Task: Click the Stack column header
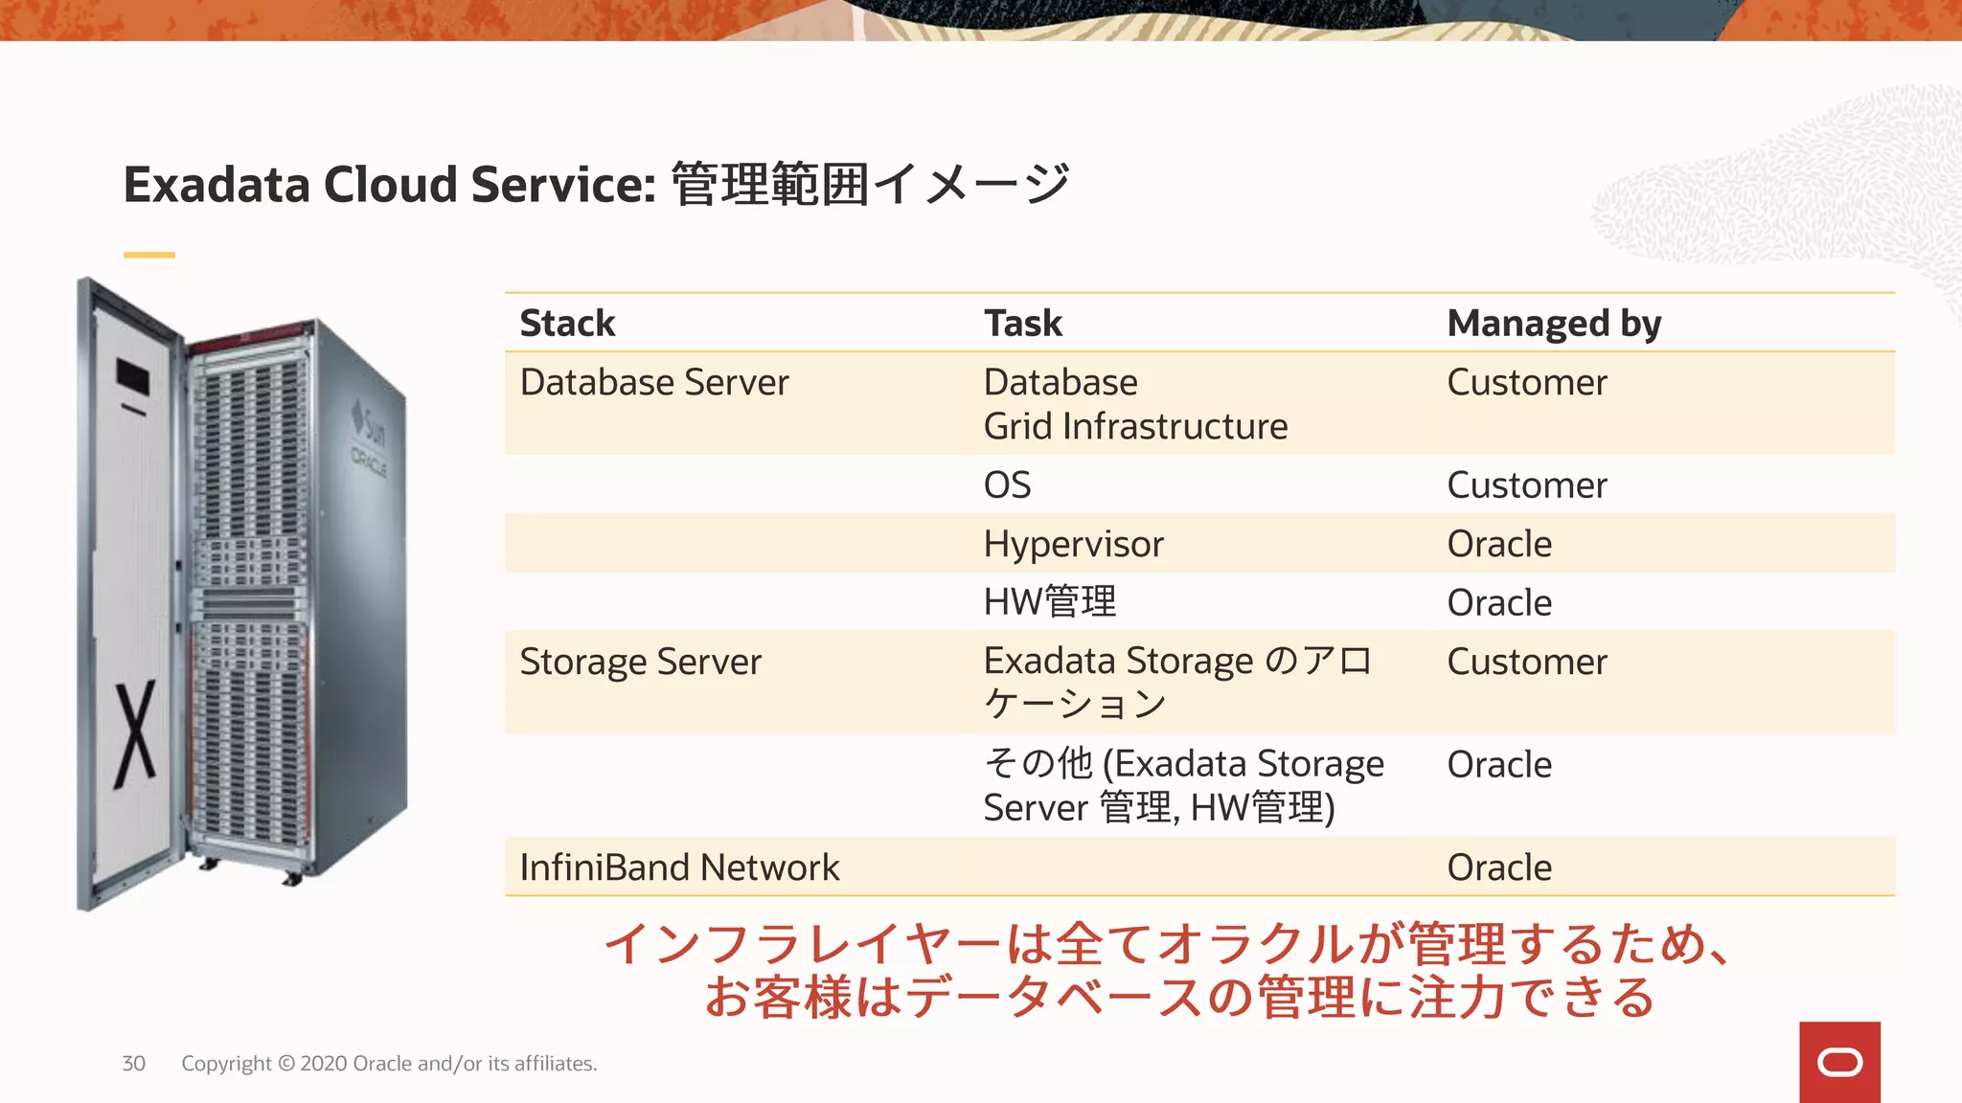point(567,324)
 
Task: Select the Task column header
point(1023,324)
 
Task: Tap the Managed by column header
point(1554,324)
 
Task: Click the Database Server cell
point(654,383)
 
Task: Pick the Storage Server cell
point(640,663)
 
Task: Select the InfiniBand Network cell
point(679,867)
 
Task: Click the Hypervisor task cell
point(1073,544)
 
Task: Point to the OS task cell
point(1007,485)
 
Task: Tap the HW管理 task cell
point(1050,602)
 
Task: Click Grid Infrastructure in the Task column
point(1135,427)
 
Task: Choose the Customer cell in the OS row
point(1527,485)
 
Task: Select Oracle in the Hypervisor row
point(1499,544)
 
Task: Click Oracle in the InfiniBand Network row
point(1499,867)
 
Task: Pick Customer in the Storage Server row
point(1527,663)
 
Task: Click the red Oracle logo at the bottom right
point(1839,1063)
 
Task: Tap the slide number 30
point(133,1064)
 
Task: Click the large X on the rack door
point(135,735)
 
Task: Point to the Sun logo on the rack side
point(368,426)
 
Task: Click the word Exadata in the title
point(217,185)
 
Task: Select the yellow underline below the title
point(149,255)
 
